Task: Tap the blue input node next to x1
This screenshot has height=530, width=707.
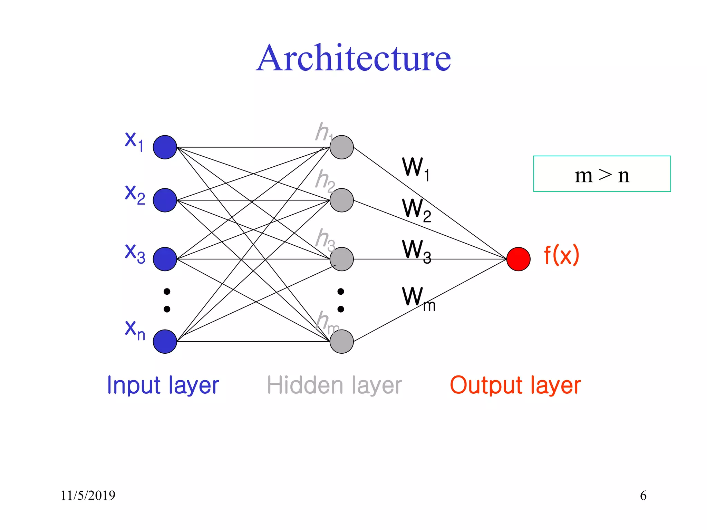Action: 165,147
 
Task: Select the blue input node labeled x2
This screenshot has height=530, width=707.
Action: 165,200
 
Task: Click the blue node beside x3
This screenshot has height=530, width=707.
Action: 165,259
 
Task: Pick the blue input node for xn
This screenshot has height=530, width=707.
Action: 165,342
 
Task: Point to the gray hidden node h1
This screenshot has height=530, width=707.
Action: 342,147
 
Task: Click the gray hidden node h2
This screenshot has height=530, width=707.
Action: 342,200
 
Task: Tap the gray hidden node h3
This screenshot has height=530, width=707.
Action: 342,259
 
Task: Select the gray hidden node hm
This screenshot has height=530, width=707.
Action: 342,342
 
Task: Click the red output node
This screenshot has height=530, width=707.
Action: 519,259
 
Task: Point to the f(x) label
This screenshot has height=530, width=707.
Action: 561,255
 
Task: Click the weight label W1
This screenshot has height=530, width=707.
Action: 416,169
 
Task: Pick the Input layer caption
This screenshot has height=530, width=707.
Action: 163,385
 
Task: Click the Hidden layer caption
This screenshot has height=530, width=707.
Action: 334,385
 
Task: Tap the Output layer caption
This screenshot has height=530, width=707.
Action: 515,385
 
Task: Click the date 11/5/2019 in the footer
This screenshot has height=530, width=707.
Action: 88,495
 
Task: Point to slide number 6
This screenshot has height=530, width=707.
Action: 643,495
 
